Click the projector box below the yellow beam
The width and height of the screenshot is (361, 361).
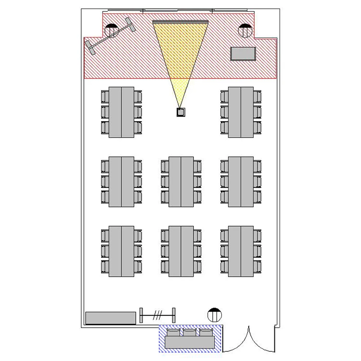pos(181,113)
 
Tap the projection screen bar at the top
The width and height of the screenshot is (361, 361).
pos(180,22)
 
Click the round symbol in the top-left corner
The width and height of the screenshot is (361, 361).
pos(112,31)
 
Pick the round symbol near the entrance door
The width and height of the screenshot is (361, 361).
pos(214,315)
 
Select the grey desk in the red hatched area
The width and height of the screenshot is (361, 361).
pos(243,53)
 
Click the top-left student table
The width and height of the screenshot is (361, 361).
pos(121,112)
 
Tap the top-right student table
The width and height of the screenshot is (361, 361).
pos(241,112)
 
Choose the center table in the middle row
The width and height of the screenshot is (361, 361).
pos(181,182)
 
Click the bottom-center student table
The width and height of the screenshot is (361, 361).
pos(181,251)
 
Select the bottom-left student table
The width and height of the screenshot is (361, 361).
pos(121,251)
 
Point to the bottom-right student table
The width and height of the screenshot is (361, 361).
pos(241,251)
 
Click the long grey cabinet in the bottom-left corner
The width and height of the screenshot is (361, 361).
pos(111,318)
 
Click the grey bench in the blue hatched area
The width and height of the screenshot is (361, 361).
pos(190,342)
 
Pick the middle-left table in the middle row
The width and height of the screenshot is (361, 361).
pos(121,182)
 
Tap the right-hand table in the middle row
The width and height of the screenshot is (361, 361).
pos(241,182)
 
